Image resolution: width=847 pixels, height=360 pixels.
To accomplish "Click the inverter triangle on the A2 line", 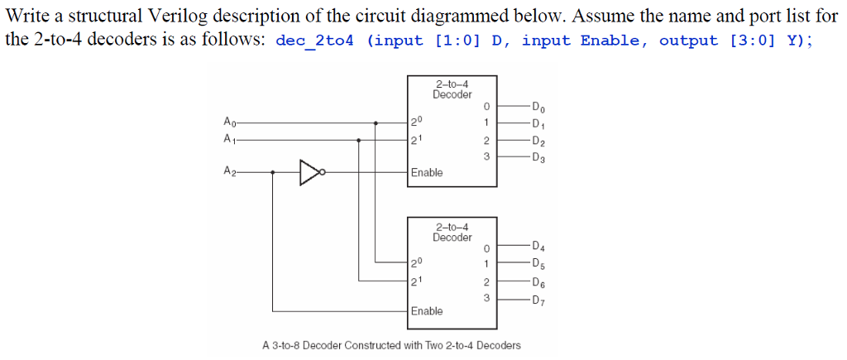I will tap(309, 172).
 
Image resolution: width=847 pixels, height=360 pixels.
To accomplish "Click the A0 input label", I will tap(229, 122).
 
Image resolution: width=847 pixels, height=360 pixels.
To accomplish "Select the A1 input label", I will tap(229, 139).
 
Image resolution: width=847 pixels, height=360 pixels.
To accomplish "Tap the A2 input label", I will tap(229, 172).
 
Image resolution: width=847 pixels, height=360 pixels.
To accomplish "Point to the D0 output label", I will tap(538, 107).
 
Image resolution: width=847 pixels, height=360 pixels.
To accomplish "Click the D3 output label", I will tap(538, 156).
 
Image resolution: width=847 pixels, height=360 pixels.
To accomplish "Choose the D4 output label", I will tap(538, 246).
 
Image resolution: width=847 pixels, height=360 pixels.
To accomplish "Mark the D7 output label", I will tap(538, 299).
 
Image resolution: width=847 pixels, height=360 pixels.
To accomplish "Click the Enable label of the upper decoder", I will tap(427, 172).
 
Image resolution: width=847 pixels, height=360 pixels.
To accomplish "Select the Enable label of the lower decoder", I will tap(427, 311).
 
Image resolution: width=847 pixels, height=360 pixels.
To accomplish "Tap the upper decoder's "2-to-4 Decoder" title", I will tap(452, 89).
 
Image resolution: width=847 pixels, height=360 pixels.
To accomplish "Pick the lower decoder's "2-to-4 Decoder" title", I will tap(452, 232).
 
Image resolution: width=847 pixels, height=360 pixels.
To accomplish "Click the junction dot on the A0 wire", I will tap(377, 122).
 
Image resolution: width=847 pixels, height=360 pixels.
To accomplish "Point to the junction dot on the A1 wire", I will tap(358, 139).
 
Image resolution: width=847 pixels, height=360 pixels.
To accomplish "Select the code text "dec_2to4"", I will tap(313, 41).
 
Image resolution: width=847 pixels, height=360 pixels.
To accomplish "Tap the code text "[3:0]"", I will tap(752, 41).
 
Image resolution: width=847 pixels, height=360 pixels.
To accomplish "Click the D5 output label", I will tap(538, 264).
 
